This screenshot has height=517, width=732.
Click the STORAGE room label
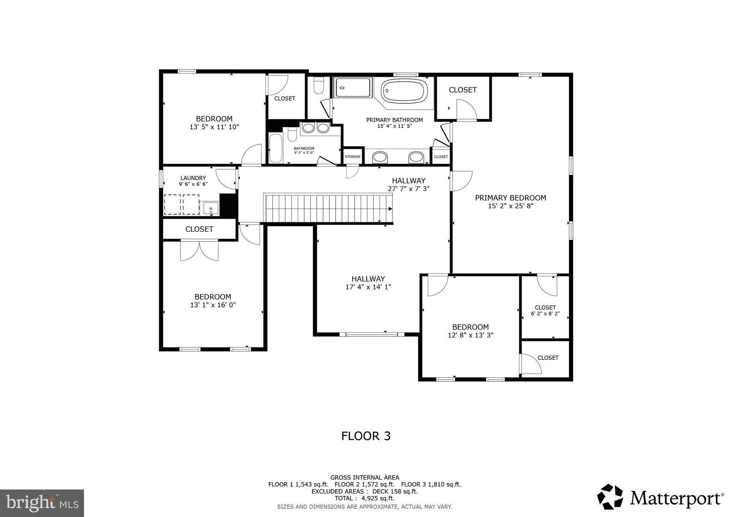click(x=352, y=157)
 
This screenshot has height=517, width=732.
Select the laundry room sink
click(x=211, y=208)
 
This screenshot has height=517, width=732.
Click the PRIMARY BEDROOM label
click(x=510, y=198)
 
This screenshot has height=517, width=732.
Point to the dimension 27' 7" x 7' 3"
click(x=409, y=189)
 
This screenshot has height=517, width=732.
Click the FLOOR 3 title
click(x=366, y=436)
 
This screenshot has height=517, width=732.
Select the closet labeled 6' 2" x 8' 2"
click(x=545, y=310)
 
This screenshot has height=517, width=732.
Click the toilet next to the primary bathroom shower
click(x=318, y=86)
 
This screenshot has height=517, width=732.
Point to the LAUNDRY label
click(x=193, y=178)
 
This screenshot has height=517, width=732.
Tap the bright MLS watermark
click(x=42, y=503)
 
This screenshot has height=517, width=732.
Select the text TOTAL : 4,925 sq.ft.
click(x=365, y=498)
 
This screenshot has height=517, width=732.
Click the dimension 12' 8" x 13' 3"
click(x=470, y=335)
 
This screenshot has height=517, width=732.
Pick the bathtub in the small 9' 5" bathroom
click(x=276, y=148)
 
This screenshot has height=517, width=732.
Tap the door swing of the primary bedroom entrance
click(x=461, y=181)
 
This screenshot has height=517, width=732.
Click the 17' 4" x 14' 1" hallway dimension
click(x=368, y=287)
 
